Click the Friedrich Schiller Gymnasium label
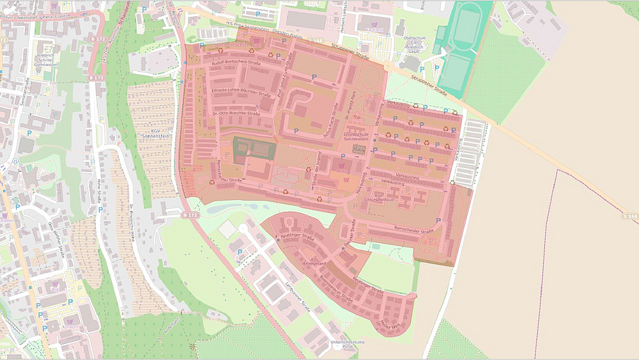click(x=47, y=56)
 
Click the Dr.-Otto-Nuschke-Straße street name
click(x=234, y=114)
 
